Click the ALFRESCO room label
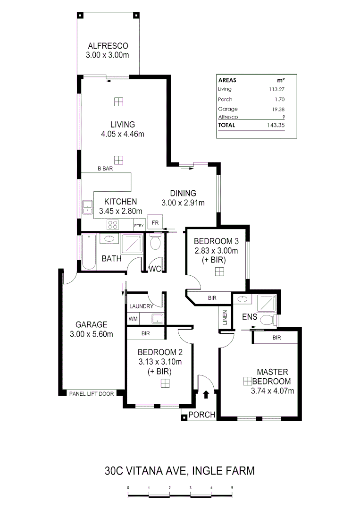pos(108,46)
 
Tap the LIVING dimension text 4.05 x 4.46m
pos(123,134)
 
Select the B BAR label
pos(105,168)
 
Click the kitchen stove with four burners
pos(113,224)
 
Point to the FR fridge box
pos(154,222)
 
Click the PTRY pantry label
pos(139,226)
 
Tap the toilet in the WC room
pos(155,244)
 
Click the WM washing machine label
pos(133,319)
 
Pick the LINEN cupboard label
pos(225,319)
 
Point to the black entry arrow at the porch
pos(206,394)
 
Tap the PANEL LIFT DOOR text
pos(91,393)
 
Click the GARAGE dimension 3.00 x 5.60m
pos(92,334)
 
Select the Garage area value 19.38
pos(276,109)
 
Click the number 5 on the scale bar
pos(232,487)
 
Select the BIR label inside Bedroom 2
pos(145,333)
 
